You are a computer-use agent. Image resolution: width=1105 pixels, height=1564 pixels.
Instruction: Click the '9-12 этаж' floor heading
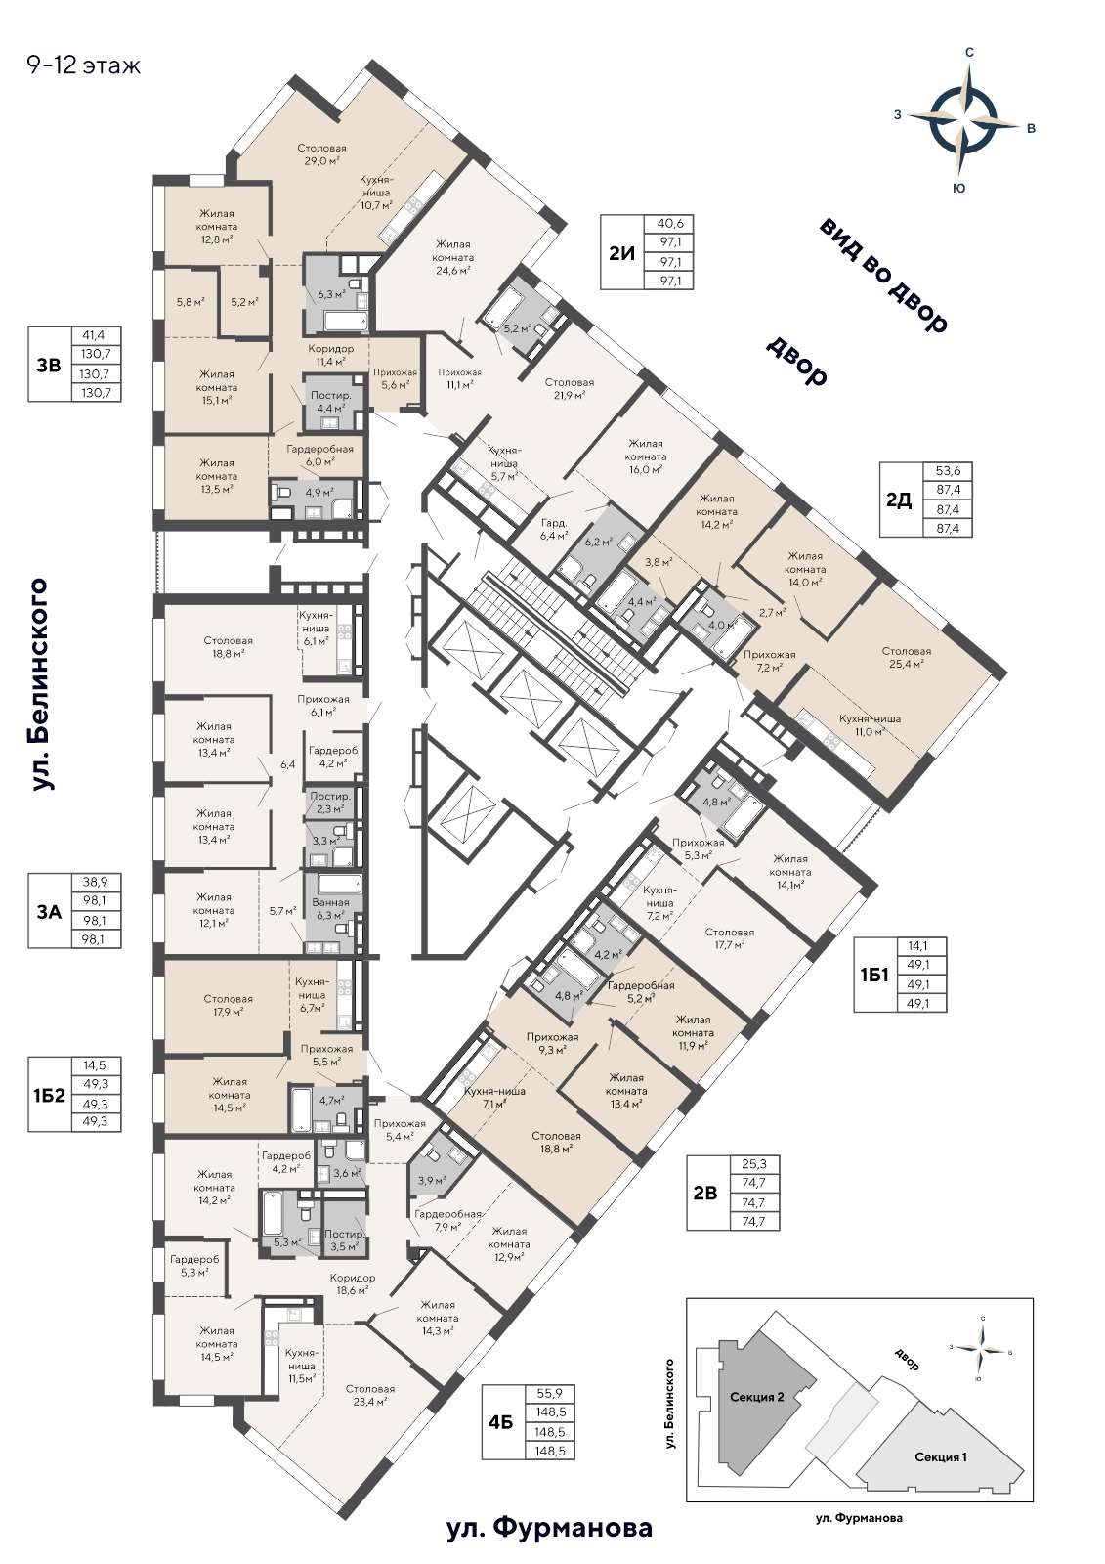tap(84, 65)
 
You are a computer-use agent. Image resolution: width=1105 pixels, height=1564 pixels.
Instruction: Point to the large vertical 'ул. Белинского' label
tap(40, 683)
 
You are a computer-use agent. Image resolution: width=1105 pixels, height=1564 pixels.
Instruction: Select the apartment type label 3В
tap(50, 365)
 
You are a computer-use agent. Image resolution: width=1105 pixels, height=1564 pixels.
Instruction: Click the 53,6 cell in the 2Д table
tap(948, 470)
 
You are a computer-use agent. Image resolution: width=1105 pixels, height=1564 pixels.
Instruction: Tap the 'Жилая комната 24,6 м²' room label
tap(452, 258)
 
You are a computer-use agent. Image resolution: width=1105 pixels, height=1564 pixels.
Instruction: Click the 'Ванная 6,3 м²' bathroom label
tap(330, 908)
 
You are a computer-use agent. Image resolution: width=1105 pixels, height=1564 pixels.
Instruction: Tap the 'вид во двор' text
tap(883, 274)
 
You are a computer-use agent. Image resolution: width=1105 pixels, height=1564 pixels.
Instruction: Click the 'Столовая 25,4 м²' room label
tap(906, 658)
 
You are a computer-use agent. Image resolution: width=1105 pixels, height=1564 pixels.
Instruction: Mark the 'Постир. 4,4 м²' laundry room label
tap(331, 401)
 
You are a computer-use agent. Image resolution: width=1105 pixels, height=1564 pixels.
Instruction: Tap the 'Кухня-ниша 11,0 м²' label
tap(870, 724)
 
